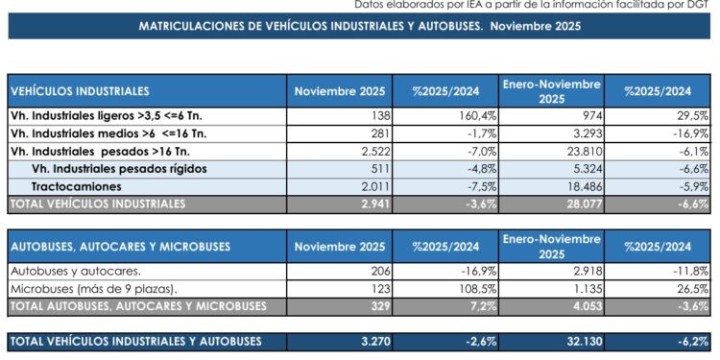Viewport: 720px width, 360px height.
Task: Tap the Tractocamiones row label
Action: point(77,186)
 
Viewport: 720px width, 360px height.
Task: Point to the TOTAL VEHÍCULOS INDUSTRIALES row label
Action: point(96,204)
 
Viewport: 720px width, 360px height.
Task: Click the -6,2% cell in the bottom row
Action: point(691,341)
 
